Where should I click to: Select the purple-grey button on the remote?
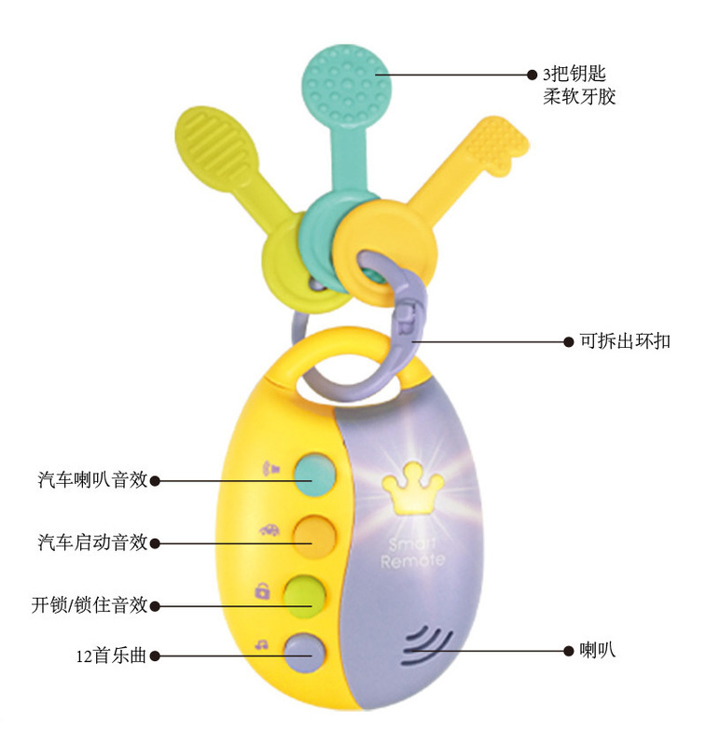(x=305, y=649)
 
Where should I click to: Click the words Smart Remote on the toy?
(x=412, y=552)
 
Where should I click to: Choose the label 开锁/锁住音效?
(x=89, y=605)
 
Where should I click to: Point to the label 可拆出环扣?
(x=624, y=341)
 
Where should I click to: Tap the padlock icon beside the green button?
(x=263, y=589)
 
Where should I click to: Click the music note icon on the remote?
(x=262, y=642)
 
